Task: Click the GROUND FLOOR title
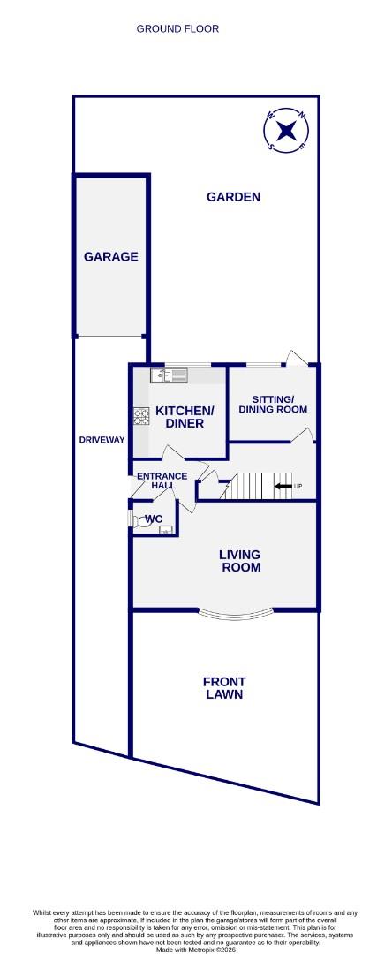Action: point(177,29)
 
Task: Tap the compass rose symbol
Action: point(286,131)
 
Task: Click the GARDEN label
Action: point(233,197)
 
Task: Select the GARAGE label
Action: point(110,257)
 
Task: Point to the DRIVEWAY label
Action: point(102,439)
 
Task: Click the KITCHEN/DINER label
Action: point(185,417)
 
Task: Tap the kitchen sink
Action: point(162,376)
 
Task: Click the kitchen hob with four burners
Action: point(140,414)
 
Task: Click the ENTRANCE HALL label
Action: point(162,481)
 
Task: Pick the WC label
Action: point(154,519)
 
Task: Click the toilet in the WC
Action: point(135,519)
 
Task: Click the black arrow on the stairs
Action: point(283,486)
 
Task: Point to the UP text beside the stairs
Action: point(298,487)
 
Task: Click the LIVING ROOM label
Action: point(240,561)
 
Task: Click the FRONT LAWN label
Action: point(224,687)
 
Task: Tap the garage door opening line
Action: point(110,337)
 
